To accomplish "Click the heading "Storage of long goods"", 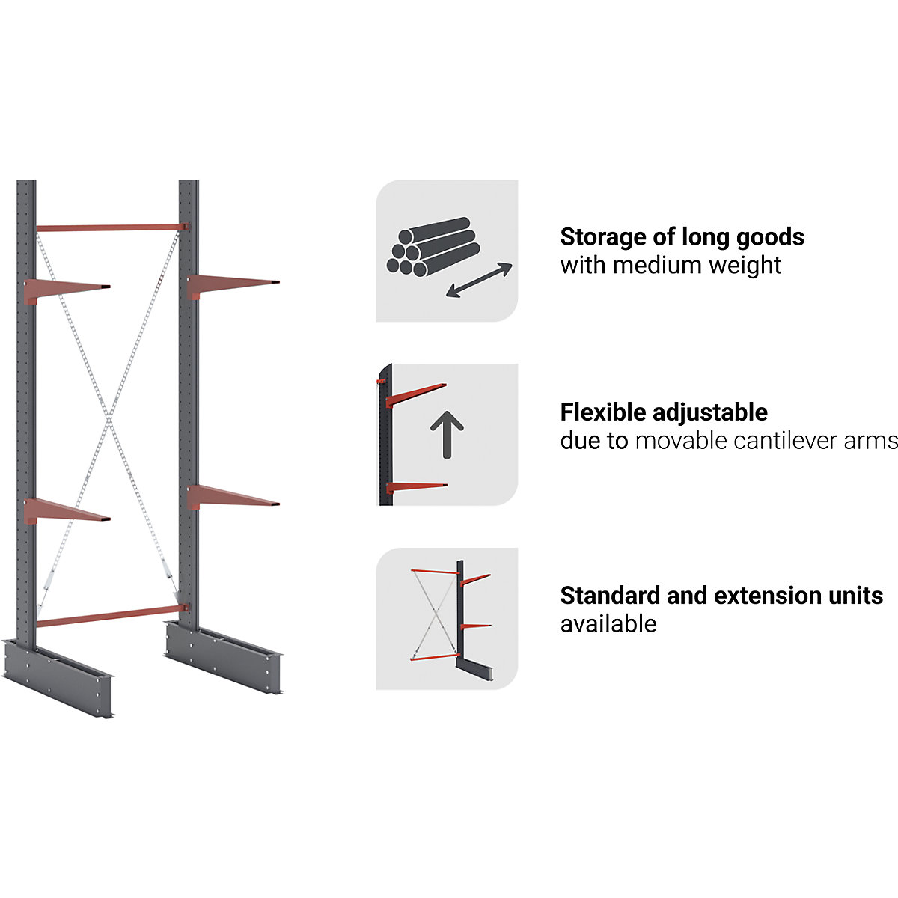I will tap(682, 237).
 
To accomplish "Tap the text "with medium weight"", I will tap(671, 265).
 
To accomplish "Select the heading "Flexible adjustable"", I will tap(664, 412).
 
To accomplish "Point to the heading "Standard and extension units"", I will tap(721, 596).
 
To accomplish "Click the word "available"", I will tap(608, 623).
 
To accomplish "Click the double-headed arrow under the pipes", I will tap(479, 281).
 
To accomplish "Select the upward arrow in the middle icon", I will tap(447, 434).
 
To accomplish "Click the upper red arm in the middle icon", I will tap(416, 394).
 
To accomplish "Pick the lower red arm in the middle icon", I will tap(416, 487).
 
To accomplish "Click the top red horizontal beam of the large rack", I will tap(109, 227).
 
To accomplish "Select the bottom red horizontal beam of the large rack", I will tap(109, 617).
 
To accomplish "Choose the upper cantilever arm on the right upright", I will tap(232, 284).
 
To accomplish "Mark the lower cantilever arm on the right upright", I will tap(232, 496).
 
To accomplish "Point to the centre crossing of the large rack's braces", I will tap(109, 419).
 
